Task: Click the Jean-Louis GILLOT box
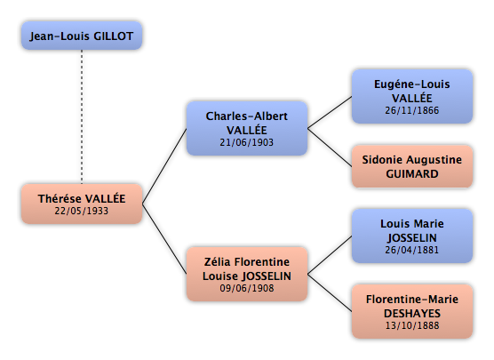(82, 36)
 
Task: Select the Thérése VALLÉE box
(82, 204)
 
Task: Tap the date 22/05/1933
(82, 211)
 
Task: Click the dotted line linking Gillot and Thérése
(82, 117)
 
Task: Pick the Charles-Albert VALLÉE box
(247, 128)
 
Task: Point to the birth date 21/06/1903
(247, 142)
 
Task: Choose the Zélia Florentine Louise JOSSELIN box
(247, 274)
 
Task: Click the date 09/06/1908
(247, 288)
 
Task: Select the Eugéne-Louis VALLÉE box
(412, 97)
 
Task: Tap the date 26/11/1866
(412, 110)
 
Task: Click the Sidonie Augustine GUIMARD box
(412, 166)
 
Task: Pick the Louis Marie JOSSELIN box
(412, 236)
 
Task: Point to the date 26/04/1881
(412, 250)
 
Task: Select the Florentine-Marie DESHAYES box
(412, 311)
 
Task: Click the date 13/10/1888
(412, 325)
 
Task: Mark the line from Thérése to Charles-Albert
(164, 166)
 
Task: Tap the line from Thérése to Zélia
(164, 239)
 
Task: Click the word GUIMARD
(412, 174)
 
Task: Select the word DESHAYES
(412, 314)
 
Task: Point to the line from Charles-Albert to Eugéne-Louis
(330, 113)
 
